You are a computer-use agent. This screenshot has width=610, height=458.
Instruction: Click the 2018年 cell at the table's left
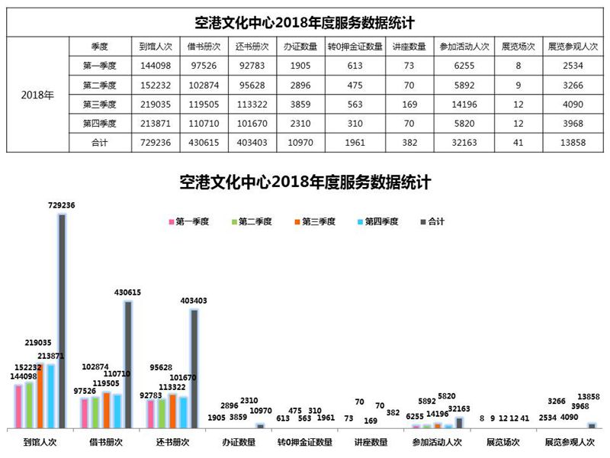[x=37, y=95]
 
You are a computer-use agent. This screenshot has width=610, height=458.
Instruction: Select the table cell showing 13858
[x=575, y=142]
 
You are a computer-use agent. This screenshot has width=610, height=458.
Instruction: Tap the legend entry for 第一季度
[x=191, y=221]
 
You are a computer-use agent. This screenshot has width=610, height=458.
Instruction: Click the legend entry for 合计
[x=432, y=221]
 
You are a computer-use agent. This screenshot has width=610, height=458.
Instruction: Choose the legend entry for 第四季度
[x=377, y=221]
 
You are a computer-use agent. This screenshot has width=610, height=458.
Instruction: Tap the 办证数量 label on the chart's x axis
[x=238, y=441]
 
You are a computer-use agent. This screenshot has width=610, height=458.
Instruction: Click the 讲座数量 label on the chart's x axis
[x=371, y=441]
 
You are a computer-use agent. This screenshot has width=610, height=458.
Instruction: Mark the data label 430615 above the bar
[x=127, y=292]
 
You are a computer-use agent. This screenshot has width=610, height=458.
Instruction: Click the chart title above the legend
[x=305, y=183]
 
